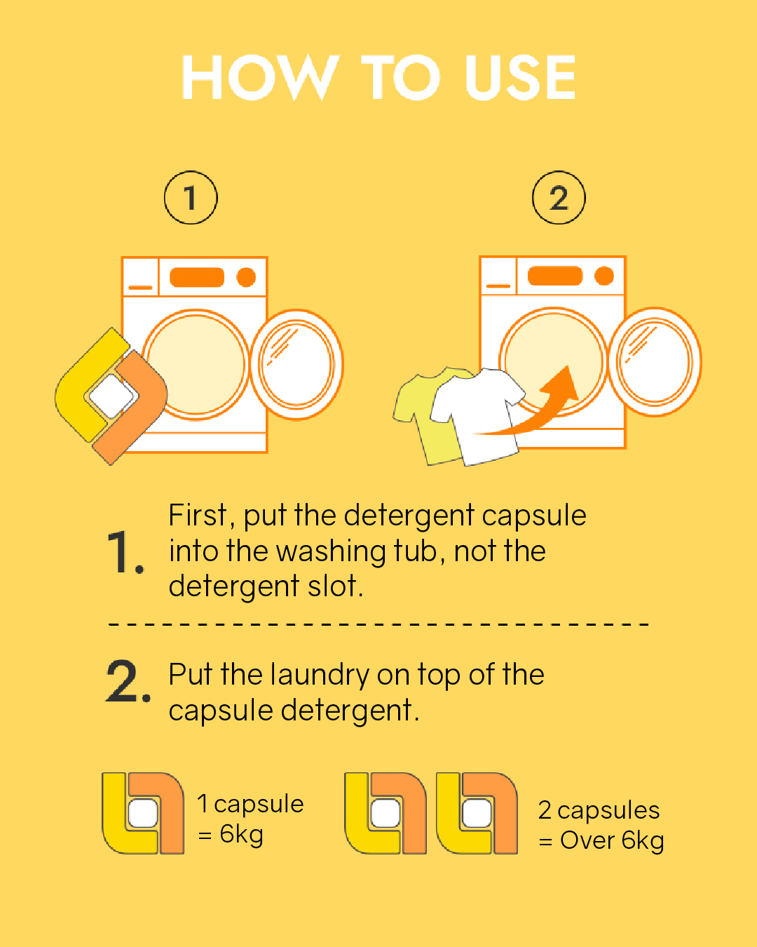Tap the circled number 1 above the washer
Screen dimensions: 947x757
tap(191, 198)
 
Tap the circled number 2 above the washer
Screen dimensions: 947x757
tap(559, 198)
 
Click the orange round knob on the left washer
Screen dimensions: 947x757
tap(246, 278)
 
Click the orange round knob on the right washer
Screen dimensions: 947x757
tap(604, 276)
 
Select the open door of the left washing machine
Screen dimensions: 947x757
tap(296, 364)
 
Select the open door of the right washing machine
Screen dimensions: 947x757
tap(655, 362)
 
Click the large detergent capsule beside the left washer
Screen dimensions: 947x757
tap(111, 396)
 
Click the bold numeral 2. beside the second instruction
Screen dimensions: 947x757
tap(128, 681)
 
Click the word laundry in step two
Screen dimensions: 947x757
tap(319, 675)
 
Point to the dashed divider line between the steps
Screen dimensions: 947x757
tap(378, 624)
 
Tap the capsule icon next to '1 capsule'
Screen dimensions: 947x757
tap(143, 813)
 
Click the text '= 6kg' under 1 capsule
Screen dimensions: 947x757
tap(231, 835)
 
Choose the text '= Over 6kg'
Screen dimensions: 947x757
tap(601, 840)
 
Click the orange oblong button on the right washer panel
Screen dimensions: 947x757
tap(554, 276)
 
